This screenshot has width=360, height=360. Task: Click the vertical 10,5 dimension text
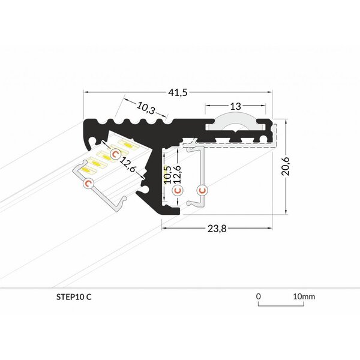(x=169, y=173)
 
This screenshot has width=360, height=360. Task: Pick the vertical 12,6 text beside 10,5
(x=177, y=173)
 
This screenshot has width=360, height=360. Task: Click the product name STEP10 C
(x=73, y=296)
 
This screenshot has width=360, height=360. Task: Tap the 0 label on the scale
(x=258, y=296)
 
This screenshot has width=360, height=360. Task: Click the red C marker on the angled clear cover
(x=88, y=184)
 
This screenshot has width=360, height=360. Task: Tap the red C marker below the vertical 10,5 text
(x=176, y=191)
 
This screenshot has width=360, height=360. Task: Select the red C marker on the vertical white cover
(x=202, y=190)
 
